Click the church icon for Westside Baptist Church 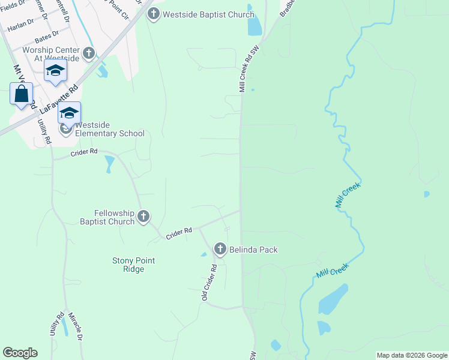click(x=153, y=14)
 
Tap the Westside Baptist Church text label click(x=208, y=14)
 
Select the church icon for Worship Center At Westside click(x=89, y=54)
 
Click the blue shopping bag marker click(x=22, y=95)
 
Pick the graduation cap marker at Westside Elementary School click(x=69, y=113)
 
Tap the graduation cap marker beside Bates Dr click(x=55, y=71)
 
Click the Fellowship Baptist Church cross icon click(x=143, y=217)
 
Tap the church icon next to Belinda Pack click(x=220, y=249)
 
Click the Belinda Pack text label click(x=253, y=250)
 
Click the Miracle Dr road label click(x=75, y=326)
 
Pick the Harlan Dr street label click(x=21, y=25)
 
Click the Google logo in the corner click(x=20, y=353)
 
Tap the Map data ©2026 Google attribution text click(x=412, y=355)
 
